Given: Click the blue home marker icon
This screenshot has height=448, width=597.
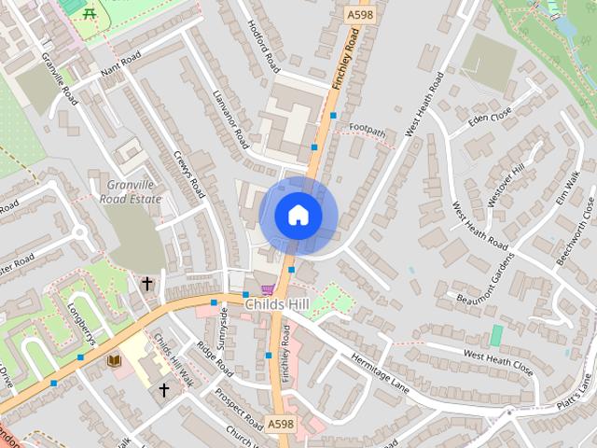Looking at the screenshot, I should click(x=298, y=216).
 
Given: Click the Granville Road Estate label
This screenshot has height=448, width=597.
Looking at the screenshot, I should click(x=134, y=192).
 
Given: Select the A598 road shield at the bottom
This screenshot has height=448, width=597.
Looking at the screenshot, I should click(x=281, y=423).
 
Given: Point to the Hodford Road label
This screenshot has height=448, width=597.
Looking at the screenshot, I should click(x=265, y=48).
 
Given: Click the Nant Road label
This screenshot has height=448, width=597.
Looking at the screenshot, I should click(x=119, y=65).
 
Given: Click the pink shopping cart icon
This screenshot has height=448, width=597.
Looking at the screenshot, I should click(x=269, y=289).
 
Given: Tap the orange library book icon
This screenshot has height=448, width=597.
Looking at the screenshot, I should click(x=115, y=360).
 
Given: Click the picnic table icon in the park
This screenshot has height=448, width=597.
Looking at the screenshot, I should click(x=90, y=13).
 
